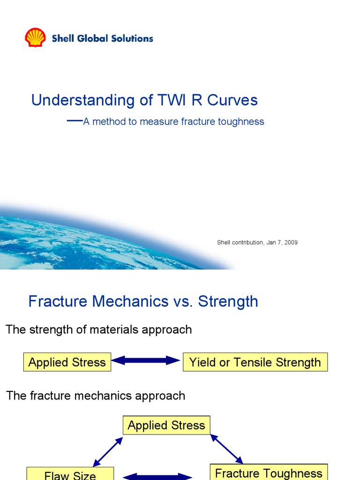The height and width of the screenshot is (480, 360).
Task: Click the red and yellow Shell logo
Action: [x=35, y=37]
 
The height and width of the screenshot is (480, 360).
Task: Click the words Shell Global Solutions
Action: [x=102, y=38]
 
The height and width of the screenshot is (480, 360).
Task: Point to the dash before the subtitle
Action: [x=75, y=120]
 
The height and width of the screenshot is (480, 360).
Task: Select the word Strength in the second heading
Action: [x=228, y=301]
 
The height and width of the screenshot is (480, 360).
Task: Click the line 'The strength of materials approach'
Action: [x=99, y=330]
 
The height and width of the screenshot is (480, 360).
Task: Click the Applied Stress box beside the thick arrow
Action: [x=67, y=362]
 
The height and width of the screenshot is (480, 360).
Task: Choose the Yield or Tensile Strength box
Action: [x=255, y=362]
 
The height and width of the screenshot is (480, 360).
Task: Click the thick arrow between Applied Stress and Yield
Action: [x=146, y=360]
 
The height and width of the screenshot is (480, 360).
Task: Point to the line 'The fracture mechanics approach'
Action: [x=96, y=396]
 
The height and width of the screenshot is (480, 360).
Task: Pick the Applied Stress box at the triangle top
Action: [x=166, y=425]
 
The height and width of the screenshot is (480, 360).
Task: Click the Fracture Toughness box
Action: [x=269, y=472]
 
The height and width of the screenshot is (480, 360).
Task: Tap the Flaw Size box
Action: [x=70, y=474]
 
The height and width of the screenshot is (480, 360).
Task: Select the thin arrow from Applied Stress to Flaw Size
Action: [x=108, y=452]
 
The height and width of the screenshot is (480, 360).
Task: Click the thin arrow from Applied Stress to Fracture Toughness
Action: [x=226, y=449]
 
